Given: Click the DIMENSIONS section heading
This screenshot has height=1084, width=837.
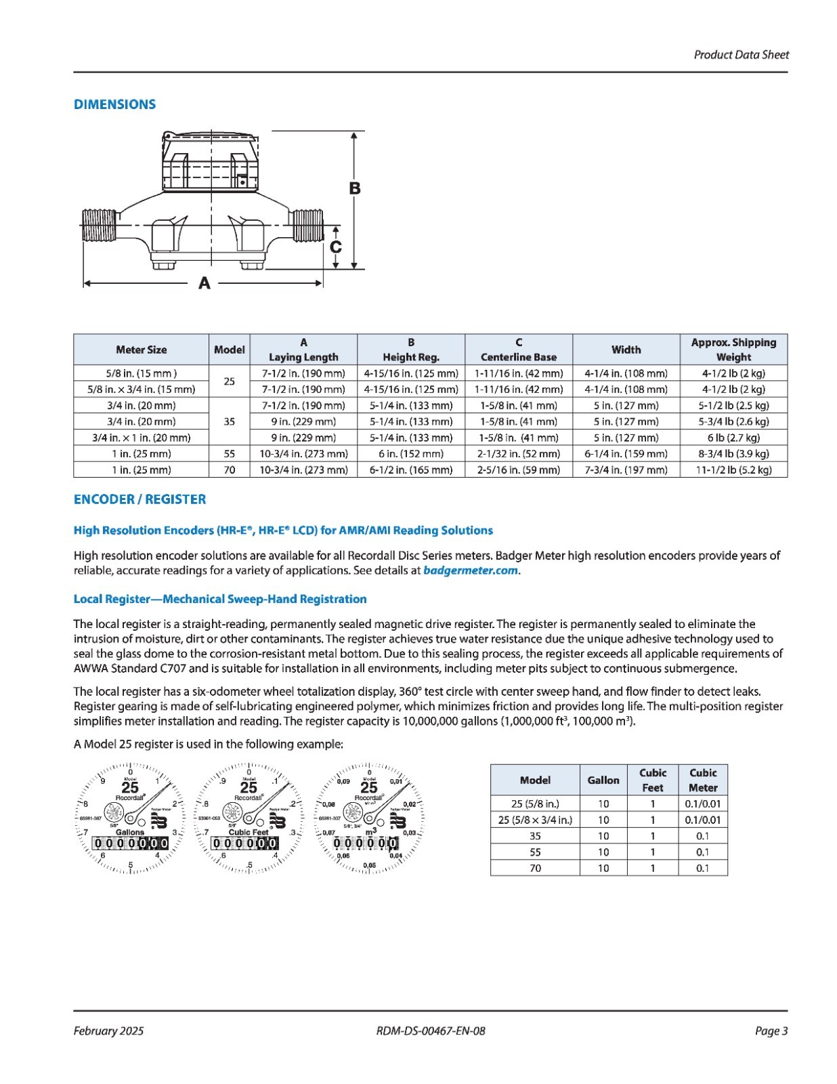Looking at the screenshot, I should (x=114, y=104).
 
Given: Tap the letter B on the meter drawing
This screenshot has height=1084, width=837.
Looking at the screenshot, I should (x=354, y=188).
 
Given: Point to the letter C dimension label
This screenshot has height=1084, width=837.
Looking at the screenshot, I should (x=336, y=247).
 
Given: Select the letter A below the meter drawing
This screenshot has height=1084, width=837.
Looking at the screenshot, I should (x=204, y=284).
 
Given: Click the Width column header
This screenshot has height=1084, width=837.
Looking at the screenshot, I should (x=626, y=350).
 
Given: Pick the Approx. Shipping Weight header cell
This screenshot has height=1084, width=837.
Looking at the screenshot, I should (x=733, y=350).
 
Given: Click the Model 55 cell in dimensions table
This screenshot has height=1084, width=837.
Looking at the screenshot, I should (x=229, y=454).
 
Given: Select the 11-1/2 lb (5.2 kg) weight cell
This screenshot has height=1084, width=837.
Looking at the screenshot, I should (x=733, y=470).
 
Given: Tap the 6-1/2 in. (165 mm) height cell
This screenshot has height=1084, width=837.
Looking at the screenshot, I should (x=410, y=470).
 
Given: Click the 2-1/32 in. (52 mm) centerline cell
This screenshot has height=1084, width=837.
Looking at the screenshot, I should (x=518, y=454).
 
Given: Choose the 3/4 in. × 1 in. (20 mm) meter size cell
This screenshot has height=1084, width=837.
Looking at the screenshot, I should (x=141, y=438).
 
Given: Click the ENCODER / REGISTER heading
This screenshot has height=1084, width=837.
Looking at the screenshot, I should (x=139, y=499).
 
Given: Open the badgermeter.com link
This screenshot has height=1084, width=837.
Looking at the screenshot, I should (x=471, y=570).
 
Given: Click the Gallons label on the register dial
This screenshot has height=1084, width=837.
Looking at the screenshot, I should (x=130, y=832).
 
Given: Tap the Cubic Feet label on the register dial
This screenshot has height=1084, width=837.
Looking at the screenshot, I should (x=249, y=832).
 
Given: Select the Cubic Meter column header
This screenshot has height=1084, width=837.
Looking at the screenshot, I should (x=702, y=780).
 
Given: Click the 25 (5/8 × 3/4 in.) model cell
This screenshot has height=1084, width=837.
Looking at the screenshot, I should (x=535, y=820).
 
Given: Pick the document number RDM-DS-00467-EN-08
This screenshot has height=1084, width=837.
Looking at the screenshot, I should (x=431, y=1031).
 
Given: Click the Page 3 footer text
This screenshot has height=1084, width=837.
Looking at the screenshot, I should (x=771, y=1031).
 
